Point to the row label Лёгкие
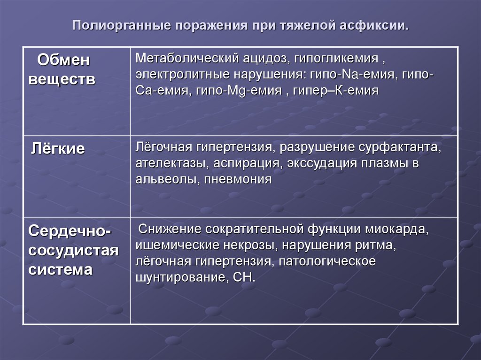[58, 149]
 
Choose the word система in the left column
[60, 270]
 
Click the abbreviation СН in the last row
[242, 276]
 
